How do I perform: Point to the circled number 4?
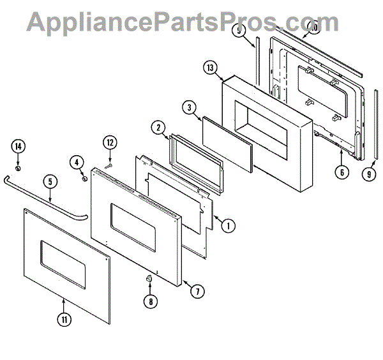click(x=79, y=163)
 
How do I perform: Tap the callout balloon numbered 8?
click(x=151, y=302)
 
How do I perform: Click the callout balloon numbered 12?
click(x=110, y=142)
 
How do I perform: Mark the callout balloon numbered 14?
click(x=19, y=147)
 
